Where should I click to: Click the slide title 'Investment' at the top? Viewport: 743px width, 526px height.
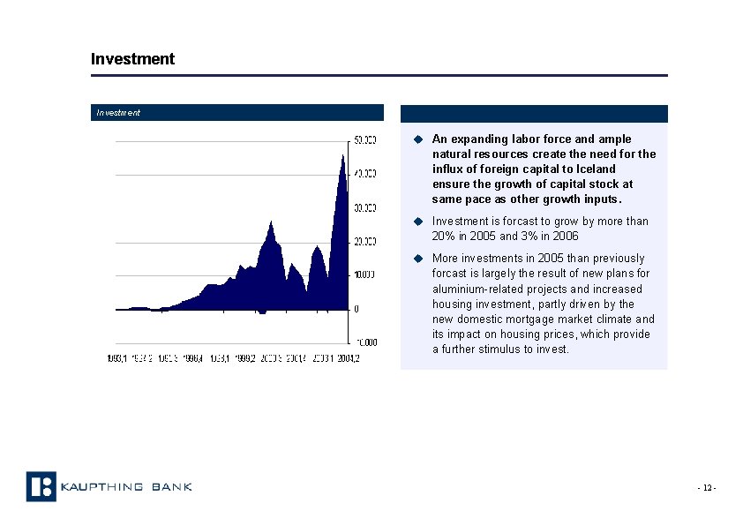(132, 59)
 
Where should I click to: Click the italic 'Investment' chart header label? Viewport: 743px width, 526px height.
(118, 113)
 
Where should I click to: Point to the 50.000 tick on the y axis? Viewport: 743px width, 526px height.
(365, 140)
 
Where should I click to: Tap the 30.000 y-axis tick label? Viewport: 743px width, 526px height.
(365, 208)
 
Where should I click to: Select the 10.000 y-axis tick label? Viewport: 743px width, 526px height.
(365, 274)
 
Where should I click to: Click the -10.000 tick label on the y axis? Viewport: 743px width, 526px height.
(364, 342)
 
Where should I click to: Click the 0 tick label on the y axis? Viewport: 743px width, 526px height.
(356, 308)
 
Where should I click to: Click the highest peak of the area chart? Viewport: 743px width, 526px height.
(342, 155)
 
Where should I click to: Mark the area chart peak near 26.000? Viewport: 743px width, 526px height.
(271, 222)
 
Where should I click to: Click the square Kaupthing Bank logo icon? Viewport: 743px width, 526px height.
(41, 486)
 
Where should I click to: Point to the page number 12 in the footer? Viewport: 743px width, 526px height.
(707, 489)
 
